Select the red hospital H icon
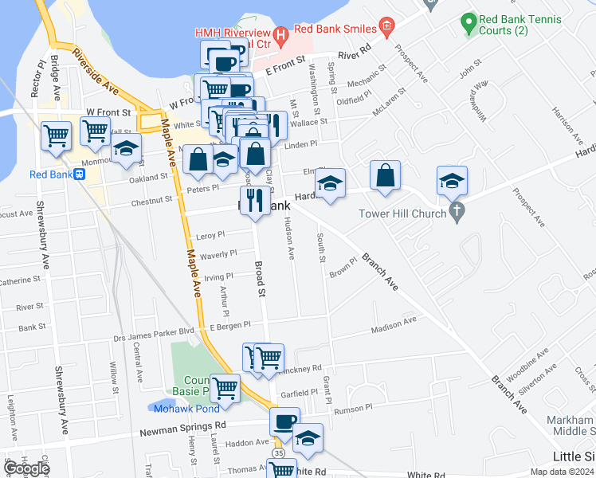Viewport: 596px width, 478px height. pyautogui.click(x=280, y=35)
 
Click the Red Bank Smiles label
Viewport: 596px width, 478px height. pyautogui.click(x=335, y=29)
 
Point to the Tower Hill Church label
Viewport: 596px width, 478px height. pyautogui.click(x=404, y=213)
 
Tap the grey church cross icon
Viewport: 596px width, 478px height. pyautogui.click(x=456, y=212)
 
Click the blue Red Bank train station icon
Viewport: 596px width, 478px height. pyautogui.click(x=80, y=175)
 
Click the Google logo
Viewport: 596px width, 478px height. pyautogui.click(x=26, y=468)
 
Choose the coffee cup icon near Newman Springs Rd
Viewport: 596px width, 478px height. pyautogui.click(x=284, y=421)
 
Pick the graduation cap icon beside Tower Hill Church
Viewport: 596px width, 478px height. pyautogui.click(x=452, y=181)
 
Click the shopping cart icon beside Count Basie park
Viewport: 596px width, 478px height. pyautogui.click(x=225, y=388)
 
